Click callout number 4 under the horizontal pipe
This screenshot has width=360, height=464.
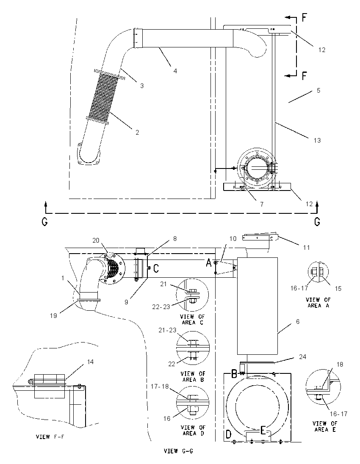175,71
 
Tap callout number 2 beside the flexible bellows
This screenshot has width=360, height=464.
137,132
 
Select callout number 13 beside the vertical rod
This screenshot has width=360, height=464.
317,140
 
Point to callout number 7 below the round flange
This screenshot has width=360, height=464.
262,204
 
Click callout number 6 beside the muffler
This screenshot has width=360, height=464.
298,321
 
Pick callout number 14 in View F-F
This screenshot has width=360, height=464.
90,362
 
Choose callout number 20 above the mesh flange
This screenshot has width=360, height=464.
96,240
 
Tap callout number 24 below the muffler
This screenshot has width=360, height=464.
302,356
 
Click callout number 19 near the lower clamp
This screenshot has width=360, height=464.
53,315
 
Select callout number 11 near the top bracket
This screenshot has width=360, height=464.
306,247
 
